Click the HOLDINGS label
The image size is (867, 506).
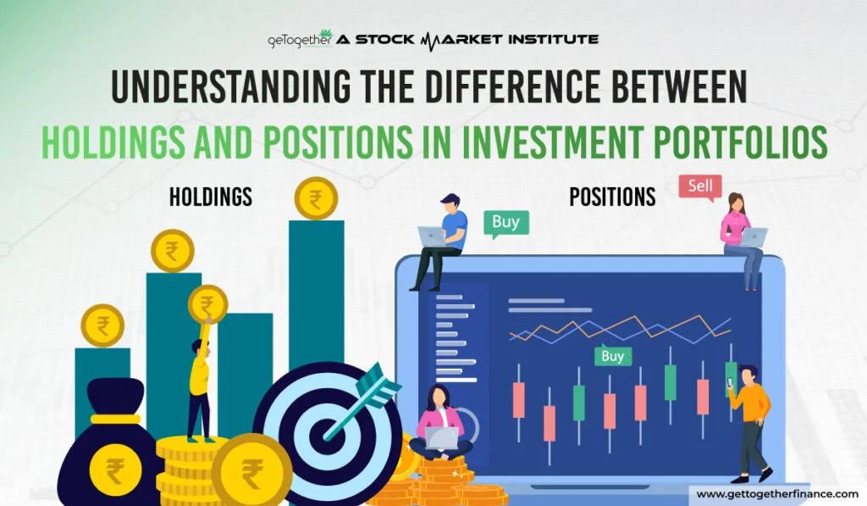(x=211, y=197)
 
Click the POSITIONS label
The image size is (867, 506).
(x=613, y=197)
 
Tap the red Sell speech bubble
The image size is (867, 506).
(x=700, y=186)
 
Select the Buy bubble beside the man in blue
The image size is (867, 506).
(x=506, y=223)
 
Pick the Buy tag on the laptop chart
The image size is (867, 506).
(x=613, y=355)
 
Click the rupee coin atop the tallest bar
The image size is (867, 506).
(x=316, y=198)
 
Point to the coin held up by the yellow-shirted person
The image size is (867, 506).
(x=208, y=304)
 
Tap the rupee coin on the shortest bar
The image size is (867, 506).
(x=102, y=325)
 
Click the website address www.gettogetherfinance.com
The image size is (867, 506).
(x=777, y=494)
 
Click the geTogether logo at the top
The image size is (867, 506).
(x=301, y=39)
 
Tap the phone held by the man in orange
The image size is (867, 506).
(x=730, y=382)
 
